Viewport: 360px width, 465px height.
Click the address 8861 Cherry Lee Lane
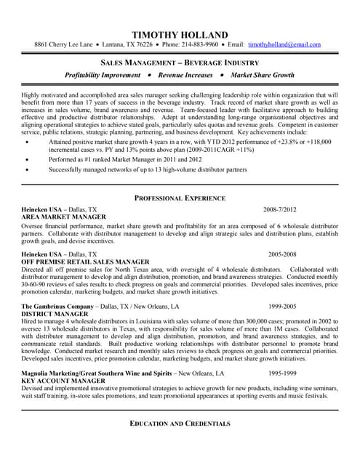pos(64,45)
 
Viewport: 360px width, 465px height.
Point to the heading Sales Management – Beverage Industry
pos(180,62)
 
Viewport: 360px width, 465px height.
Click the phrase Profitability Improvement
pos(103,76)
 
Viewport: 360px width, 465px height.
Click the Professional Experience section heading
pos(180,198)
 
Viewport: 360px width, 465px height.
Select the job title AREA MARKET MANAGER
pos(64,217)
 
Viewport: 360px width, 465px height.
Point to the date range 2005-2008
pos(282,254)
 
